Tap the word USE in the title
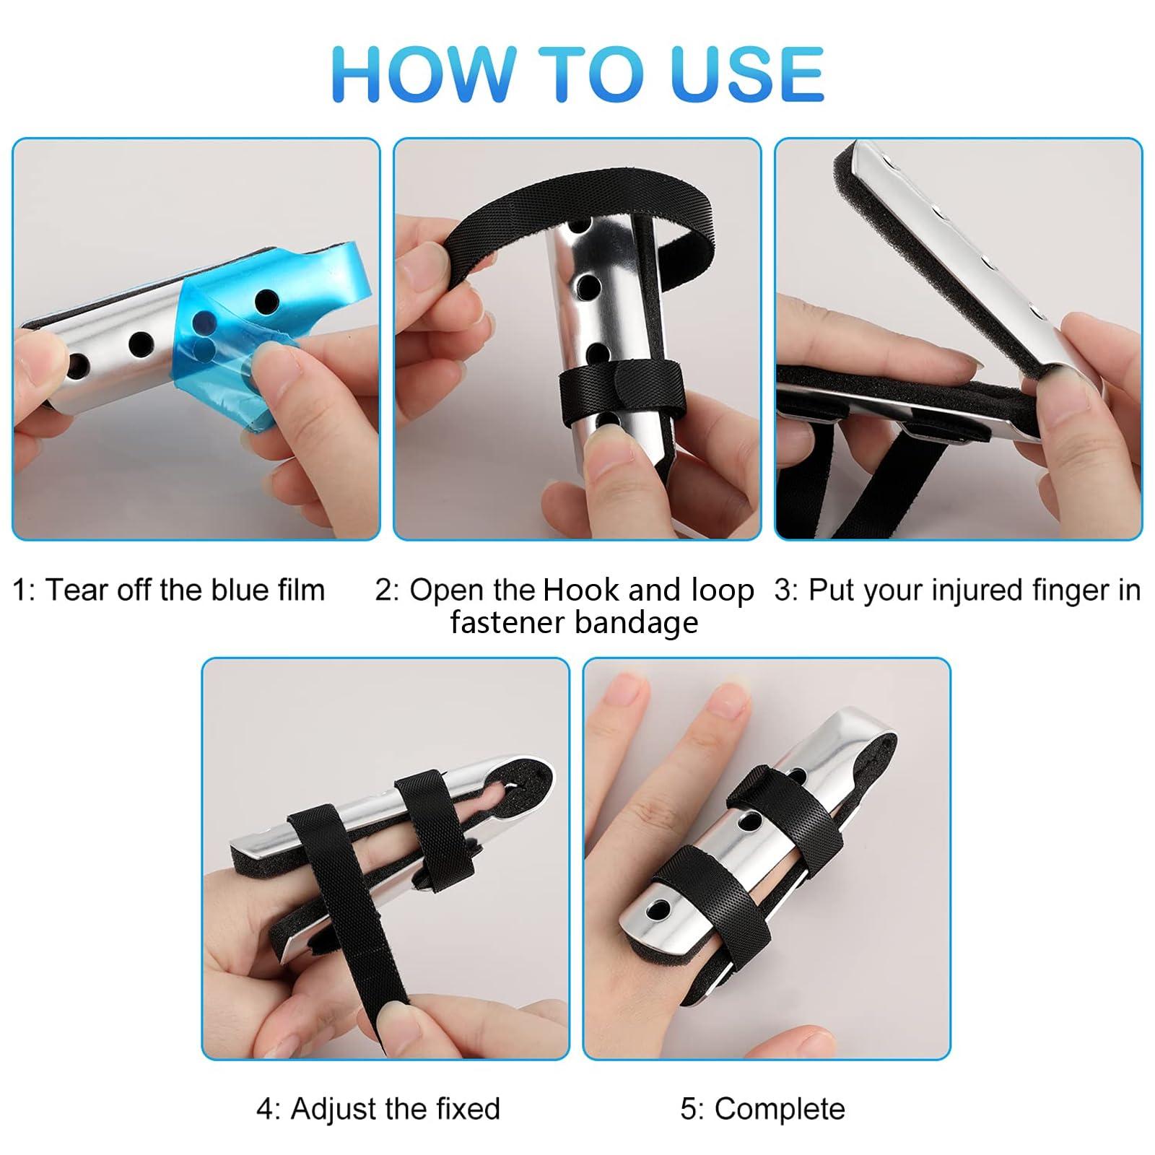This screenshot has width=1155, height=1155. pos(747,74)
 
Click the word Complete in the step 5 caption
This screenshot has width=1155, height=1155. pos(780,1109)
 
